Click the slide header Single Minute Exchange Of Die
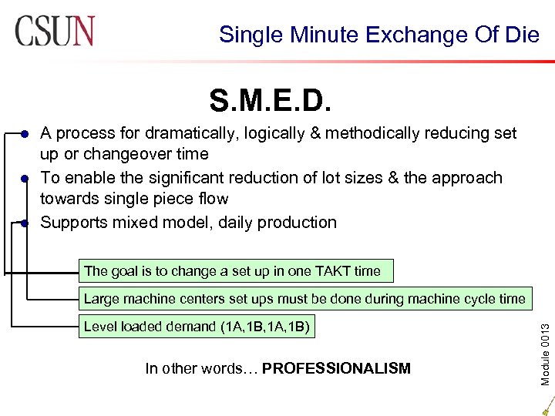tap(378, 35)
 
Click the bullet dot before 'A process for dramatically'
tap(25, 134)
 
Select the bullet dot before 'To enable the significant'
tap(25, 179)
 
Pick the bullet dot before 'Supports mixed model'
tap(25, 223)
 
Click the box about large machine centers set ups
tap(304, 299)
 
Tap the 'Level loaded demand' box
tap(197, 327)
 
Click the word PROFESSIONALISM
tap(336, 369)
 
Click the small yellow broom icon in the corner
tap(546, 404)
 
